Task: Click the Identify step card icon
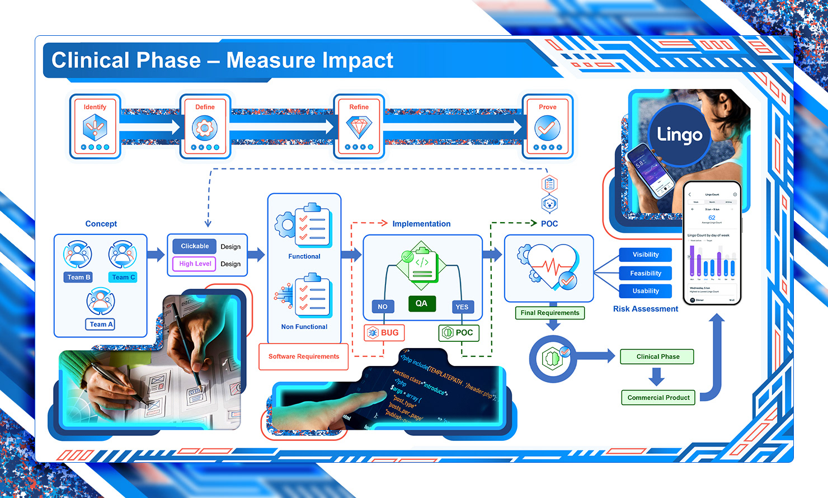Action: (x=95, y=128)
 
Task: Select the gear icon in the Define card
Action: (x=205, y=128)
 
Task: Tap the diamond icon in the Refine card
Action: (x=359, y=127)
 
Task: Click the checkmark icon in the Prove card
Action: (x=547, y=128)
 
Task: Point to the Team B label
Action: (x=78, y=277)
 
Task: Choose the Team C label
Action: (x=123, y=277)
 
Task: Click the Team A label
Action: (x=101, y=324)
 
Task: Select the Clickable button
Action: (x=195, y=246)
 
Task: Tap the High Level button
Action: (x=195, y=264)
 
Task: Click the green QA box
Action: (x=421, y=303)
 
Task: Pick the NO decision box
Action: (x=383, y=307)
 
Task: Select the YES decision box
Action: (x=462, y=307)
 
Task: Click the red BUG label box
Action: (x=384, y=332)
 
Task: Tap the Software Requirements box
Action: (x=304, y=356)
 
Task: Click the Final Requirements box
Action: (x=550, y=313)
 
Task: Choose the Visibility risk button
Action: (x=646, y=255)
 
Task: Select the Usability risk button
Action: (x=646, y=291)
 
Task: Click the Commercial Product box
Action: (x=658, y=398)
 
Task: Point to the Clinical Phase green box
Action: (x=657, y=356)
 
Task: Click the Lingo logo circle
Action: (x=679, y=135)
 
